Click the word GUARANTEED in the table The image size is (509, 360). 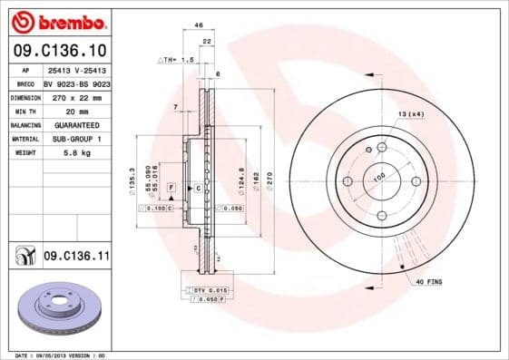75,125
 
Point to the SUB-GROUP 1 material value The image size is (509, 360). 75,139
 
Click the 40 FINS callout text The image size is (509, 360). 428,283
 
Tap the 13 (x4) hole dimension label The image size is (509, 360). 410,113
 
